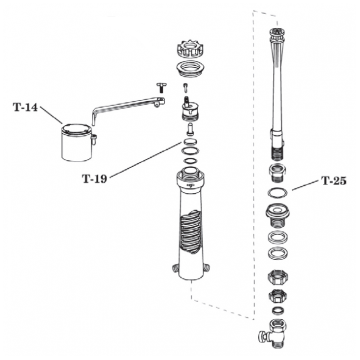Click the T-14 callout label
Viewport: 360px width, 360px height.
tap(25, 107)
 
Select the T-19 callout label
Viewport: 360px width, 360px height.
tap(94, 178)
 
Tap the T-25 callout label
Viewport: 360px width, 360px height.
tap(334, 181)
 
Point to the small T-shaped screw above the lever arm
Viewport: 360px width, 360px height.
tap(161, 88)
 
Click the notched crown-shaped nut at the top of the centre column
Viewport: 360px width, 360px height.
tap(188, 51)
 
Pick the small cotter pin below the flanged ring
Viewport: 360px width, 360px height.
tap(186, 88)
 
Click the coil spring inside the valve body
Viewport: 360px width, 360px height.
tap(191, 232)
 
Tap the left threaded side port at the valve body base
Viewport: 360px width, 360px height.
tap(175, 268)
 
